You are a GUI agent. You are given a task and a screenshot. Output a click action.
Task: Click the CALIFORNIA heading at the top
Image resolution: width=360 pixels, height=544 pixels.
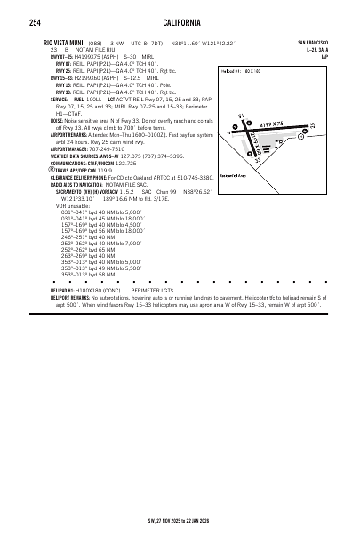(180, 22)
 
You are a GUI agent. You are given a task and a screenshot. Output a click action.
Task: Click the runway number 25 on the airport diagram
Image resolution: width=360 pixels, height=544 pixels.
(313, 125)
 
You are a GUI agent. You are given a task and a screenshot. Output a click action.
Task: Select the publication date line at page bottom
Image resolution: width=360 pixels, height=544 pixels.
(180, 520)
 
